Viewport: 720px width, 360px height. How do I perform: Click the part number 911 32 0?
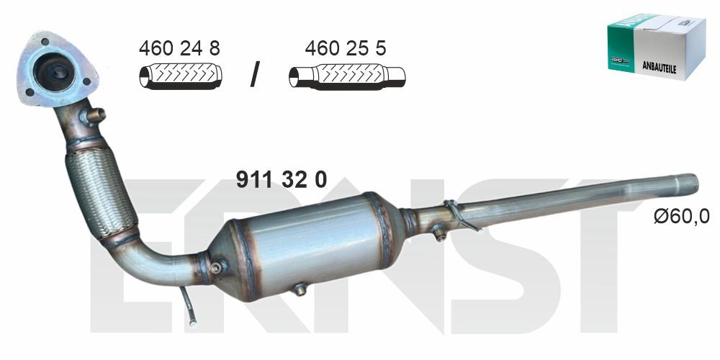coord(281,179)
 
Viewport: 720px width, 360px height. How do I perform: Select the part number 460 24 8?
coord(179,48)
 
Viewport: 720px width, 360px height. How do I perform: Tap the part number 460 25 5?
coord(346,48)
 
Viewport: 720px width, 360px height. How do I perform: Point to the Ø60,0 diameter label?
coord(681,216)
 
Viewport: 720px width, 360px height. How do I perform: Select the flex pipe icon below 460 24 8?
coord(181,77)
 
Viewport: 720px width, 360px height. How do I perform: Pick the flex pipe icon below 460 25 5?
coord(347,76)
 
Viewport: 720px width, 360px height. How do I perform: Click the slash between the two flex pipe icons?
coord(255,74)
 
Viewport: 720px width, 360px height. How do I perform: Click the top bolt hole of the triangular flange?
coord(45,42)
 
